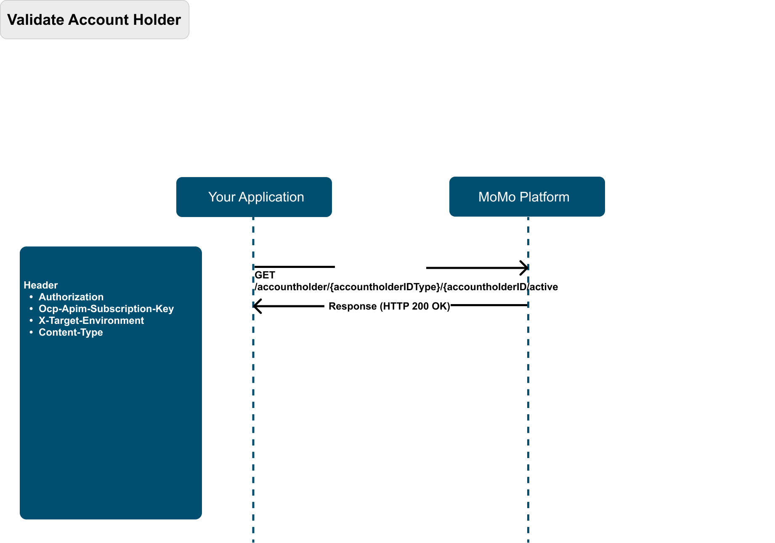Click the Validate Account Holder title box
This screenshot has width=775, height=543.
click(95, 20)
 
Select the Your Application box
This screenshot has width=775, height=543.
click(254, 197)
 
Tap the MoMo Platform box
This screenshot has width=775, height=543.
click(527, 196)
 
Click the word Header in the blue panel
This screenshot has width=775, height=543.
click(41, 285)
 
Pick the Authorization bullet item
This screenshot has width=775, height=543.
click(71, 297)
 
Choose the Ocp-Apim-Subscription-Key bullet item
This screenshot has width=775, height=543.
click(106, 309)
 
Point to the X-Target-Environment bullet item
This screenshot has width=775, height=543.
click(91, 321)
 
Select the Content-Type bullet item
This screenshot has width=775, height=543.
click(71, 332)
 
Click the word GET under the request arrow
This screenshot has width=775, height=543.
click(265, 275)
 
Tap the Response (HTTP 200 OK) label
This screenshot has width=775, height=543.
click(389, 306)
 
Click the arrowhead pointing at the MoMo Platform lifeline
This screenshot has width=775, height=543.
click(524, 268)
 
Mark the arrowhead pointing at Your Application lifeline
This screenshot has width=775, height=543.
click(257, 306)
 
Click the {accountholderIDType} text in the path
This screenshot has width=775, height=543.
click(385, 287)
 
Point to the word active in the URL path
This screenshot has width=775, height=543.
click(544, 287)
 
